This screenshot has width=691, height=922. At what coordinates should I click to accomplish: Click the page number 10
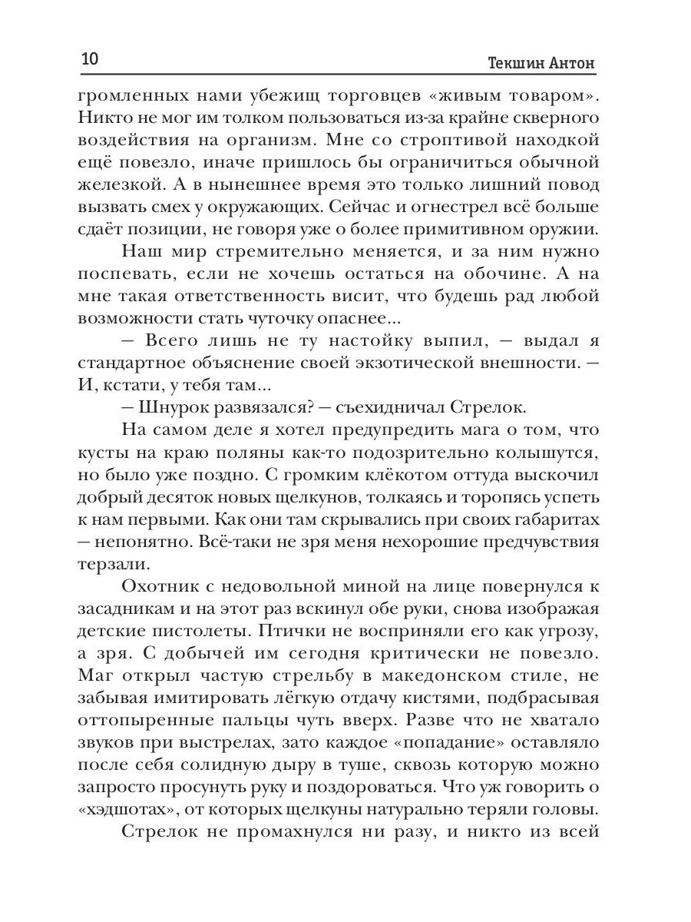tap(91, 59)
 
